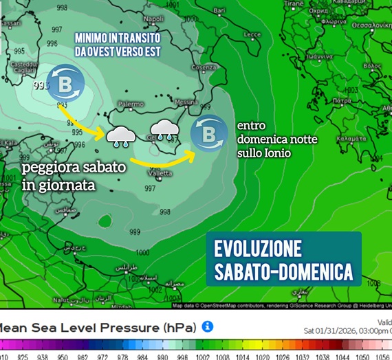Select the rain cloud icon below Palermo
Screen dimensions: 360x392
point(121,135)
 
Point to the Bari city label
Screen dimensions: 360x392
point(219,11)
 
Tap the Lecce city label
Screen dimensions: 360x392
point(252,34)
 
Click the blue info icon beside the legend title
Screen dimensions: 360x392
point(208,326)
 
